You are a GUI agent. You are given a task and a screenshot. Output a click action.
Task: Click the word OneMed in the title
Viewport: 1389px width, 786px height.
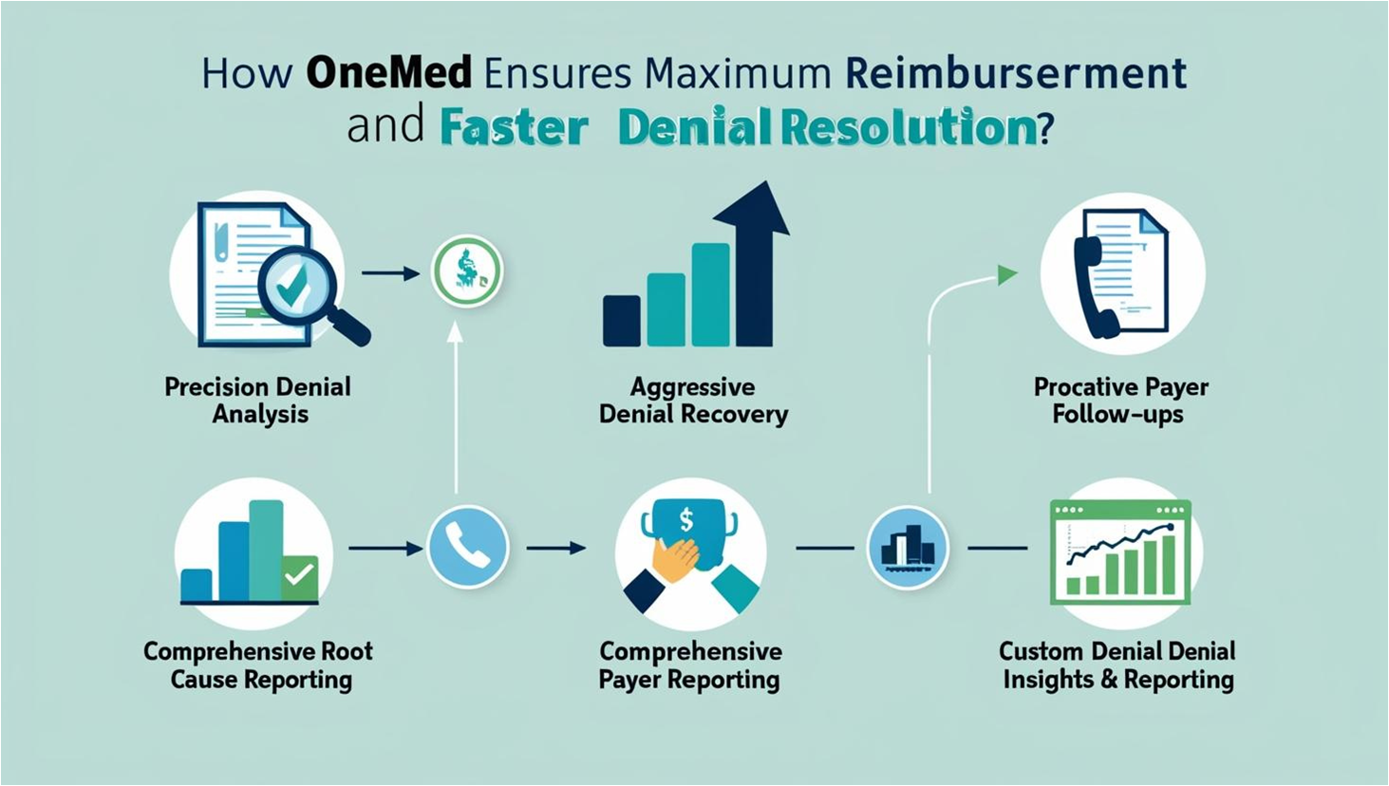[x=389, y=73]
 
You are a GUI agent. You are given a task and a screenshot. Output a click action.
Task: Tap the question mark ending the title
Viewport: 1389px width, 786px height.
[x=1044, y=128]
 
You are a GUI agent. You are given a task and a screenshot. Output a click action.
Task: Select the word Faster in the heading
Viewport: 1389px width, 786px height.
[x=514, y=128]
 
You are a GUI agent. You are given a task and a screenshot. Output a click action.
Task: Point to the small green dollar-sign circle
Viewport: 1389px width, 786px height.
[x=467, y=271]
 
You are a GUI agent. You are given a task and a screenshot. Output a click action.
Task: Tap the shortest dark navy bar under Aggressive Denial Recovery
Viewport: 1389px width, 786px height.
[x=621, y=321]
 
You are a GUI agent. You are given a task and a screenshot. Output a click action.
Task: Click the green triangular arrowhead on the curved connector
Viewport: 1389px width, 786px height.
[x=1007, y=274]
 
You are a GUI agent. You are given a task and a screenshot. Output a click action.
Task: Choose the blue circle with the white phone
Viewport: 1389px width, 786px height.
[x=468, y=548]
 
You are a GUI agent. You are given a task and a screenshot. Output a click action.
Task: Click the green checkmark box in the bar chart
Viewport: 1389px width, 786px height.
[x=300, y=578]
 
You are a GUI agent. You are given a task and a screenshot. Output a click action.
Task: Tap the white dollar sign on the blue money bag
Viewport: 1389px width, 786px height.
[x=685, y=519]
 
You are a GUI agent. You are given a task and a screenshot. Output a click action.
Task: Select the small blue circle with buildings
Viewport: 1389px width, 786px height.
[x=908, y=548]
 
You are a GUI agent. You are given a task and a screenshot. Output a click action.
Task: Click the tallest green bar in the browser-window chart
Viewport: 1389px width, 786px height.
[x=1168, y=564]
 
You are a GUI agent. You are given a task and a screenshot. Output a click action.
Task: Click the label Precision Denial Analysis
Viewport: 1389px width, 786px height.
[x=258, y=401]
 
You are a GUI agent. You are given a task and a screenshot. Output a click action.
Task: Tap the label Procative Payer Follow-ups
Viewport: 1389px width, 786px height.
[x=1120, y=401]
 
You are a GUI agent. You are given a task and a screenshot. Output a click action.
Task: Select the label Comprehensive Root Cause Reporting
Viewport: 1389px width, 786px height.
[x=258, y=665]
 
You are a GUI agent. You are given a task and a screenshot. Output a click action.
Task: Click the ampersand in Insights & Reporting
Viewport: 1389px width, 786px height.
[x=1106, y=680]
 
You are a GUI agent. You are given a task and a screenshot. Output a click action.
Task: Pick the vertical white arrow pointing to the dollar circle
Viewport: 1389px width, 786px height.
[x=456, y=408]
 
